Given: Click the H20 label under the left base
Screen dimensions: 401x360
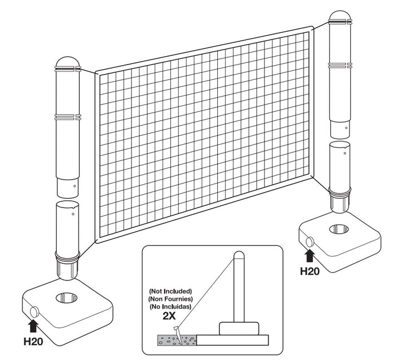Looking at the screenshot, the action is tap(33, 342).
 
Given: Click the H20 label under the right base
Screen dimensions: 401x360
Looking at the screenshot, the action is tap(310, 271).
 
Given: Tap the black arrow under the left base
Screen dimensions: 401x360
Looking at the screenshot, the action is tap(33, 326).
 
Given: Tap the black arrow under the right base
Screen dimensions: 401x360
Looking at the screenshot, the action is tap(310, 256).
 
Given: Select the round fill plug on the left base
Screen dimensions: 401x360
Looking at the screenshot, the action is tap(35, 312).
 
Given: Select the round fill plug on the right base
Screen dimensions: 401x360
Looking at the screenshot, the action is tap(310, 242).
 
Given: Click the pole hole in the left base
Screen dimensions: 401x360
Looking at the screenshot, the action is tap(66, 298).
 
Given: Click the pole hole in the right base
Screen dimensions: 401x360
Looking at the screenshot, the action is tap(339, 229).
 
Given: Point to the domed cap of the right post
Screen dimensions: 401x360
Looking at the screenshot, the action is tap(340, 16).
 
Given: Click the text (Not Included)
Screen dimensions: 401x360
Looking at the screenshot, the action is tap(170, 291).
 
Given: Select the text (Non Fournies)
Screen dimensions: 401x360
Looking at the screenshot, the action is tap(170, 299).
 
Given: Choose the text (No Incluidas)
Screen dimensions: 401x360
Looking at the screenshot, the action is tap(170, 307).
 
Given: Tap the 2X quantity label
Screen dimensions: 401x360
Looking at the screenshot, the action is tap(169, 316).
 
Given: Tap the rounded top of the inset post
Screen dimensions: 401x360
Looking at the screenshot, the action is tap(239, 255).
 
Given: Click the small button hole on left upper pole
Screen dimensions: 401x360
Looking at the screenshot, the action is tap(75, 186).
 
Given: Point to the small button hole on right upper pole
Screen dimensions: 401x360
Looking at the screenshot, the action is tap(346, 128).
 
